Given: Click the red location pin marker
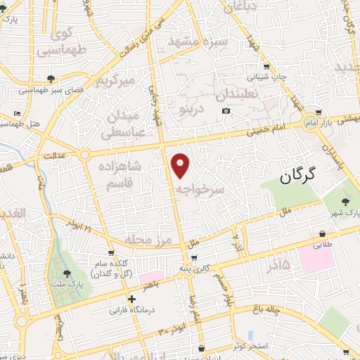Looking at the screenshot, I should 181,165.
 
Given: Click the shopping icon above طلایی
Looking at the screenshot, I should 322,234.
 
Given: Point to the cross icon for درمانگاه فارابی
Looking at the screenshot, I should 132,299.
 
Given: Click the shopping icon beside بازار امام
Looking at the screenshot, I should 319,112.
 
